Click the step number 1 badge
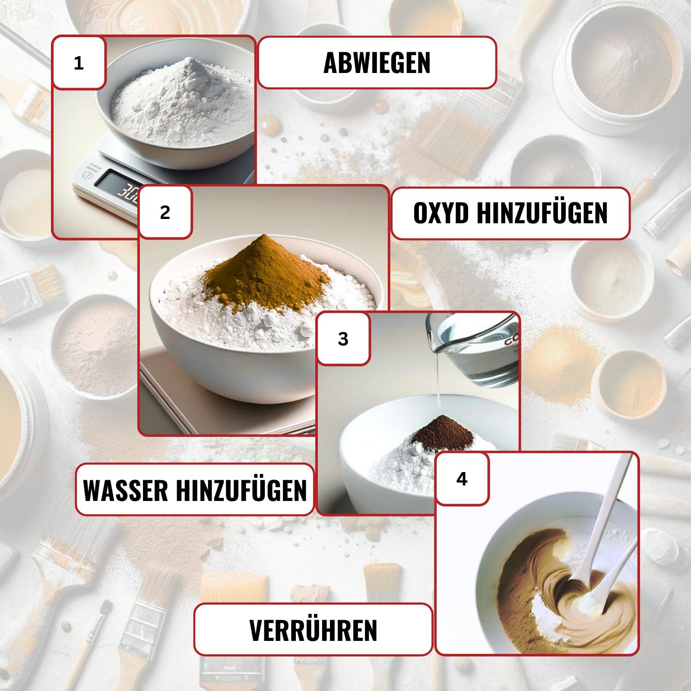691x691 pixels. pos(79,63)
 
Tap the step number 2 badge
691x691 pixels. pos(165,212)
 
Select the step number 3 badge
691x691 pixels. pos(343,339)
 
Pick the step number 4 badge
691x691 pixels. pos(462,479)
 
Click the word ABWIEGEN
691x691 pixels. pos(377,63)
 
